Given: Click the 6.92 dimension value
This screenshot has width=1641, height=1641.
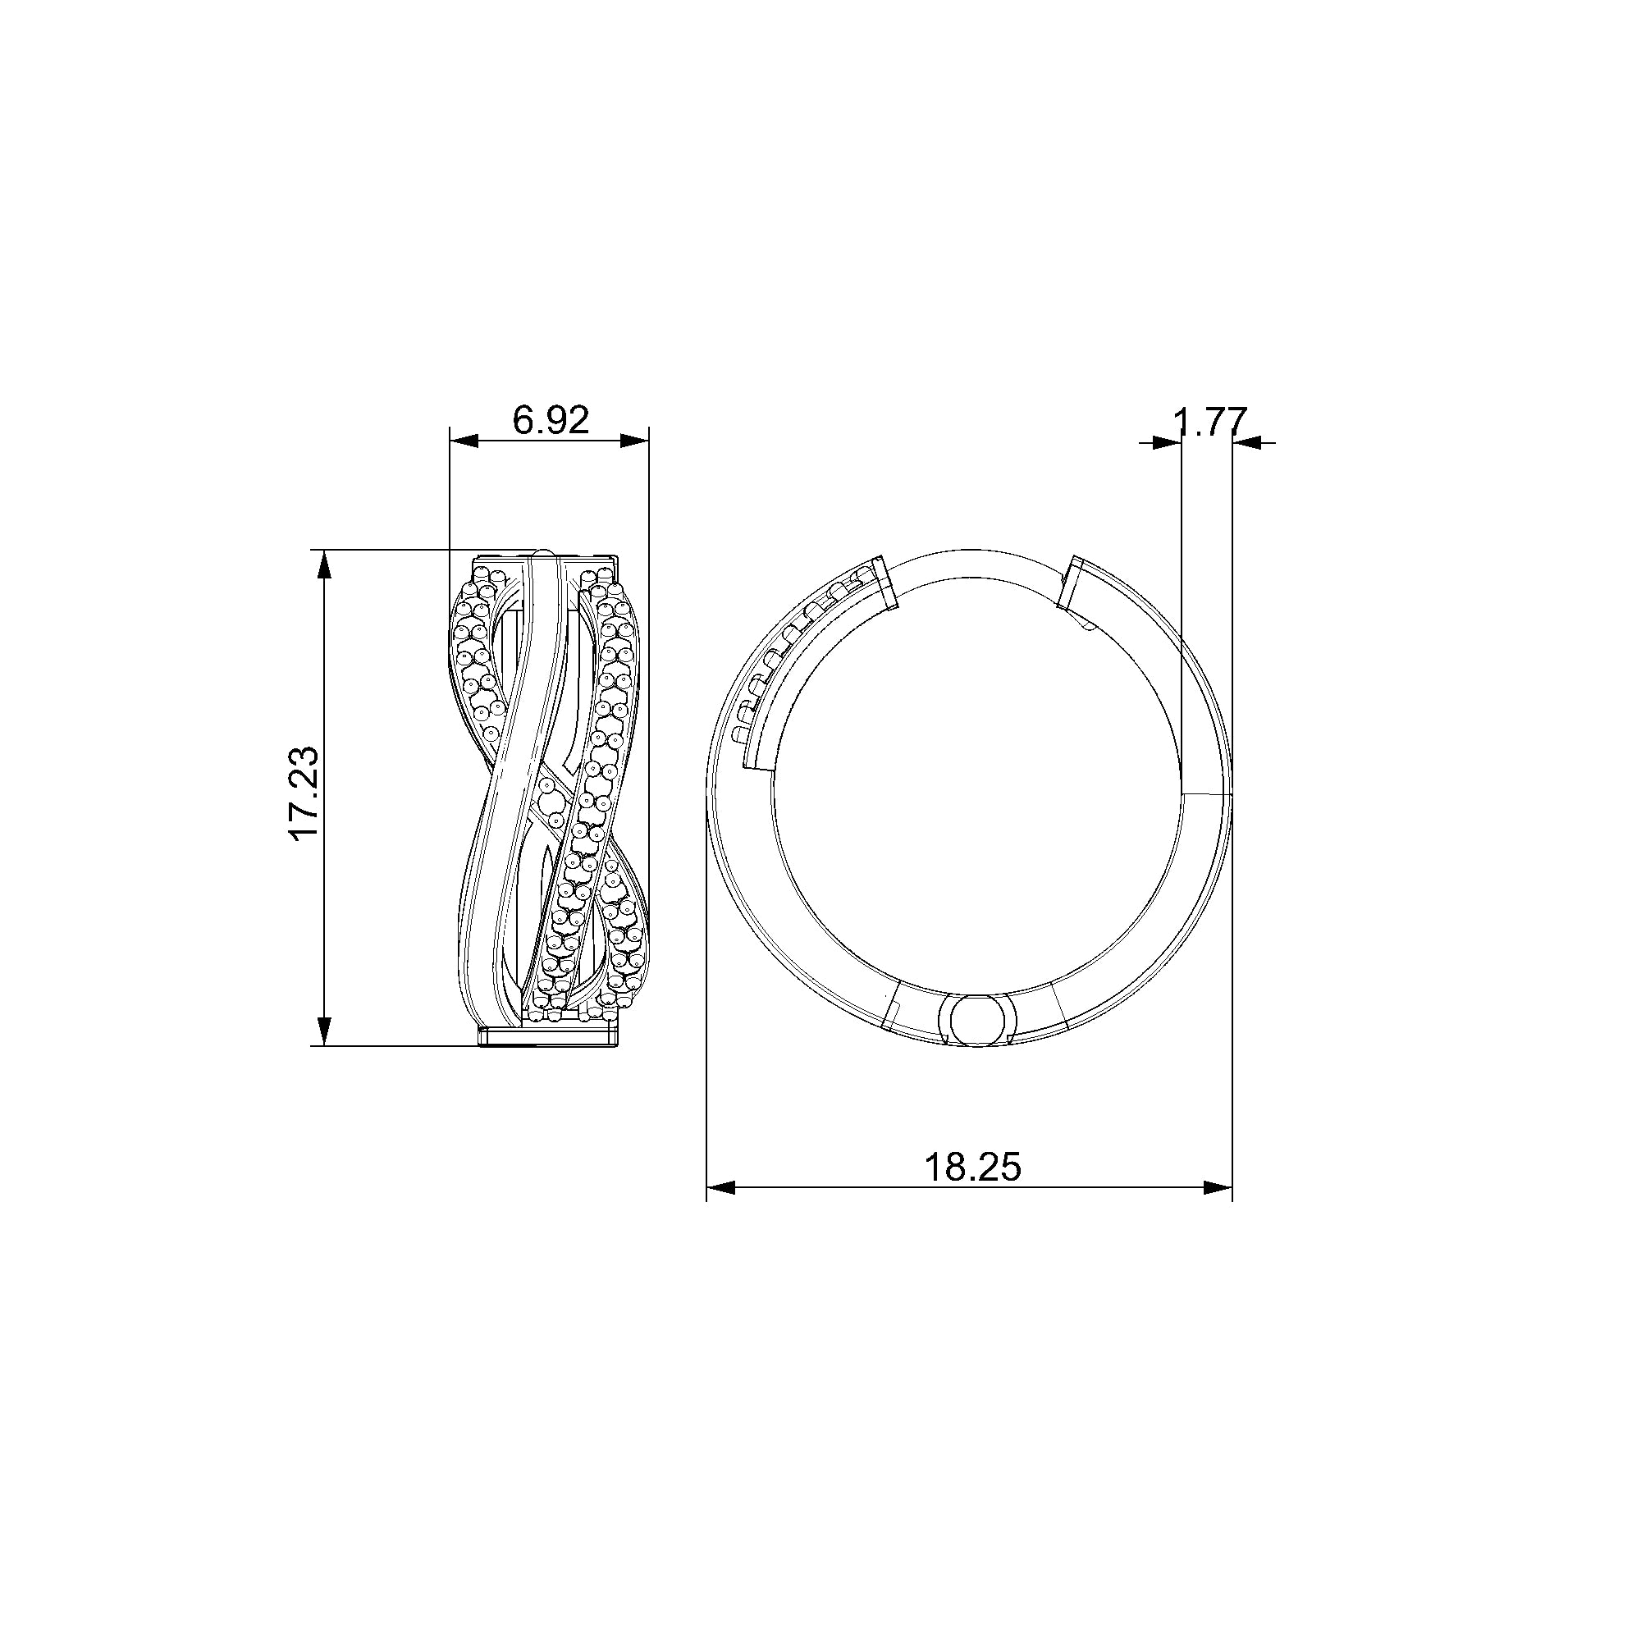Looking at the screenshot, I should [x=551, y=419].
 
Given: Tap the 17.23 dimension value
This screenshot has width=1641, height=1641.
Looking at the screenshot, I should [x=304, y=793].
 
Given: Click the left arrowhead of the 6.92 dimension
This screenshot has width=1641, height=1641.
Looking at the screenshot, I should [x=464, y=440].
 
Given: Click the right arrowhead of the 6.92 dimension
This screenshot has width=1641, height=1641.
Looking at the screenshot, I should [x=634, y=440].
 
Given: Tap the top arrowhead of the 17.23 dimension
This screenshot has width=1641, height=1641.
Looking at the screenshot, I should [x=322, y=564].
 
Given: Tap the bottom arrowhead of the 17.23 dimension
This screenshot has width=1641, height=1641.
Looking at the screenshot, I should [x=322, y=1031].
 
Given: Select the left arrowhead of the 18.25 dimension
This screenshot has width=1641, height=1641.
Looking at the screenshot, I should [x=720, y=1187].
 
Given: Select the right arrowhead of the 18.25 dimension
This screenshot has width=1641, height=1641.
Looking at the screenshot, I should [x=1218, y=1187].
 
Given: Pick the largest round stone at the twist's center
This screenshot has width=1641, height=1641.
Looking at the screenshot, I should [x=550, y=801].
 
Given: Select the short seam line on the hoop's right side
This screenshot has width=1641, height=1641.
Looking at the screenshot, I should [x=1207, y=793].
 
